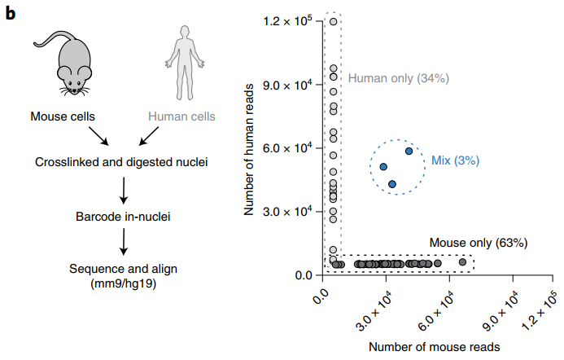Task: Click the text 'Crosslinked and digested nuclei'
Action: click(x=121, y=162)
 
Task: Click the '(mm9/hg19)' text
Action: click(x=122, y=283)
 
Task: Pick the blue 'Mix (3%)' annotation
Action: click(x=455, y=161)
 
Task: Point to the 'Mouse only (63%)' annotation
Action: click(x=479, y=242)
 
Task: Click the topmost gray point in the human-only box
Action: click(x=333, y=21)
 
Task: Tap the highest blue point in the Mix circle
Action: click(x=409, y=151)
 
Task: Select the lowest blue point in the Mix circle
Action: click(x=392, y=185)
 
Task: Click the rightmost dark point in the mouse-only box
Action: click(x=463, y=261)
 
